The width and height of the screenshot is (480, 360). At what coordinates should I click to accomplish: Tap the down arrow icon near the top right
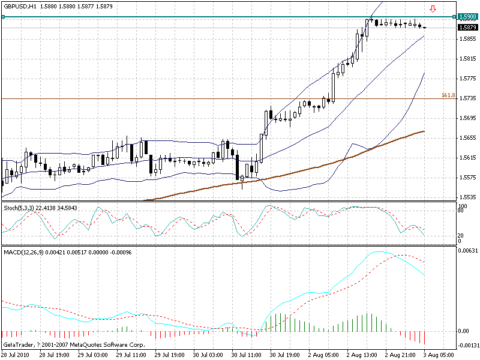433,9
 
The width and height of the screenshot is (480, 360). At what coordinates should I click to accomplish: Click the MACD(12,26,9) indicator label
23,251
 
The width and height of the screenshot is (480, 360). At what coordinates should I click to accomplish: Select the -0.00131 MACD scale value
468,345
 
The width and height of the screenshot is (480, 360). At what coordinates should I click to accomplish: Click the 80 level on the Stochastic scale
460,211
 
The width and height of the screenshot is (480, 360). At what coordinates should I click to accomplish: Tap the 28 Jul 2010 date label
16,354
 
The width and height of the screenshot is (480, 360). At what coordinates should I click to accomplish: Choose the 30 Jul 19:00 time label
284,354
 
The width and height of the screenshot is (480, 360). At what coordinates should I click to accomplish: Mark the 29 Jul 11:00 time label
131,354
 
